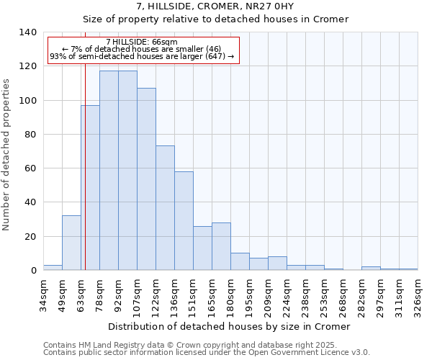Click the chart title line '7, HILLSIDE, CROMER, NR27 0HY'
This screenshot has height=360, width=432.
(215, 6)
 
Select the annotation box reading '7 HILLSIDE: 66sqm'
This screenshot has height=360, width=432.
(142, 50)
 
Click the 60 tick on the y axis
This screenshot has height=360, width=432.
(31, 168)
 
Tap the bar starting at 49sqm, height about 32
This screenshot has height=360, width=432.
(71, 243)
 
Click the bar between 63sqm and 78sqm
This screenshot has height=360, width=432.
(90, 188)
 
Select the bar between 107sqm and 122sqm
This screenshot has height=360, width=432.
(146, 179)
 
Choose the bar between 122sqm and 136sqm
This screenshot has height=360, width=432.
(165, 208)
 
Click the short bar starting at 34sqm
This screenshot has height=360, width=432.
(53, 268)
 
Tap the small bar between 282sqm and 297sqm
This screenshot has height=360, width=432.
(371, 269)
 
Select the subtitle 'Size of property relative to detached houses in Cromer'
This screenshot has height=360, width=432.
(215, 19)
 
